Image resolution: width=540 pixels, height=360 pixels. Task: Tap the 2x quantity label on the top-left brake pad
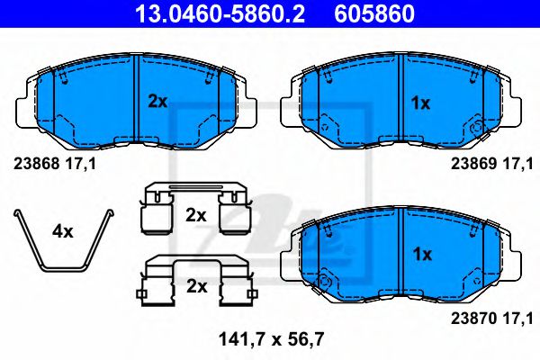pos(157,103)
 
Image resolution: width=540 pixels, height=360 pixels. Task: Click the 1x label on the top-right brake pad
pos(420,103)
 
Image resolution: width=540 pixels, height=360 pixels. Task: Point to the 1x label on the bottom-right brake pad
pos(420,253)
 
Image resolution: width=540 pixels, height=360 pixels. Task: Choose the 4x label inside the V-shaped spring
pos(62,231)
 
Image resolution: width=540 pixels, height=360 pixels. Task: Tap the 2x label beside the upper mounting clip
pos(195,216)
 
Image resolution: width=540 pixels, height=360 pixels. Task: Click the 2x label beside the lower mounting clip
pos(195,287)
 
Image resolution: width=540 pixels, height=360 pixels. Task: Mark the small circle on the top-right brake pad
pos(476,130)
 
